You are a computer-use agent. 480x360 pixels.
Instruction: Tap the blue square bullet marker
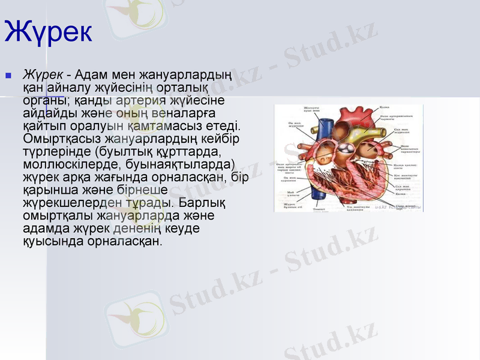tap(8, 76)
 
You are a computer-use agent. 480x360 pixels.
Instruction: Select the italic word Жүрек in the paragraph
tap(43, 75)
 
